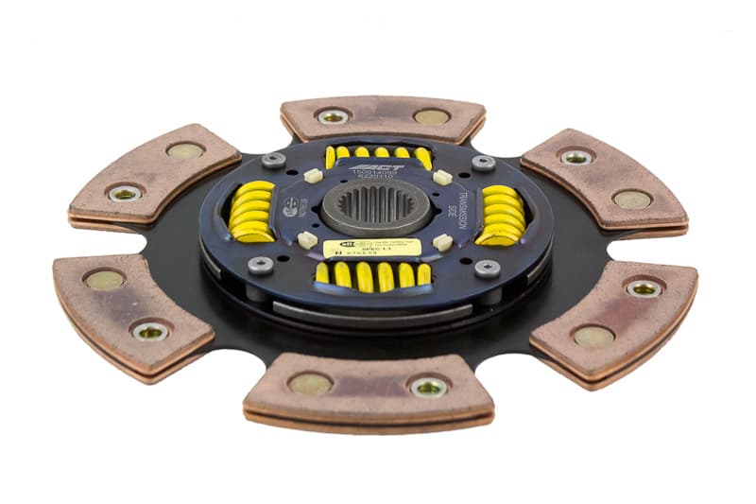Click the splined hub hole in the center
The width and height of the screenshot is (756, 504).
(375, 206)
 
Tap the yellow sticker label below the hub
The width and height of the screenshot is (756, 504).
(371, 248)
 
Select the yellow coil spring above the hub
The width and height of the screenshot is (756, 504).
(378, 154)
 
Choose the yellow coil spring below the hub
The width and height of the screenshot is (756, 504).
(372, 275)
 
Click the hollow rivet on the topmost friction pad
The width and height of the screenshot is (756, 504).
(332, 116)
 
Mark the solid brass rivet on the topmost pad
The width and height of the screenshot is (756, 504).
(431, 117)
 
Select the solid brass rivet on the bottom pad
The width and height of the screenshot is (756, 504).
(311, 383)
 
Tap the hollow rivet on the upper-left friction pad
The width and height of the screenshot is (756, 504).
(126, 193)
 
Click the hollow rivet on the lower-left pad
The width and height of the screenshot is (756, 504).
(151, 330)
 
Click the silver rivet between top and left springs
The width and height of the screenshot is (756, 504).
(274, 160)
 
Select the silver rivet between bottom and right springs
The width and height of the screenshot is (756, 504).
(487, 268)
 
